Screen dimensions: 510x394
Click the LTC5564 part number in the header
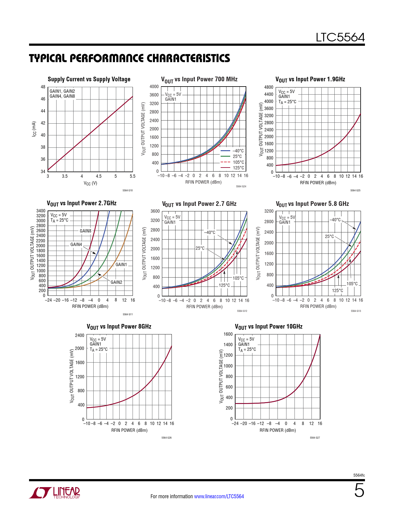[340, 37]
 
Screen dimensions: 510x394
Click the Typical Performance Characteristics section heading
[129, 58]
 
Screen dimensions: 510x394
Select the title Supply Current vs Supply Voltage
[89, 79]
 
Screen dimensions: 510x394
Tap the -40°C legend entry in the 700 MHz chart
[238, 151]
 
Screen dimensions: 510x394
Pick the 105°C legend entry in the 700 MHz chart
[238, 162]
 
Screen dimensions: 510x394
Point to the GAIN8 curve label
[86, 231]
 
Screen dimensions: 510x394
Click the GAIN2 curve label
[117, 282]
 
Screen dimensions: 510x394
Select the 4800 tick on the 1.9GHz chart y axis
[269, 87]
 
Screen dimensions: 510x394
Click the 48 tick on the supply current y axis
[43, 87]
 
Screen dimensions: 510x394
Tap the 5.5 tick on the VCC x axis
[132, 176]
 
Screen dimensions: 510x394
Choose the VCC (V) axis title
[90, 183]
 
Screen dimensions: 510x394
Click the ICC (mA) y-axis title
[34, 129]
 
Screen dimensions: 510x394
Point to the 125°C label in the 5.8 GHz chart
[337, 291]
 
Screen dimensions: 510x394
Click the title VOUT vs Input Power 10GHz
[269, 327]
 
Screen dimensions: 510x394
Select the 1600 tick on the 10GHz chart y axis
[228, 334]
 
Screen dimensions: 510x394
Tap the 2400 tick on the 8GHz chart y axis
[80, 335]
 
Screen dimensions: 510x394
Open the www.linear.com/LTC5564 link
[219, 496]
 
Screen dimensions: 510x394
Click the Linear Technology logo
[55, 493]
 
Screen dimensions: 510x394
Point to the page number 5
[359, 491]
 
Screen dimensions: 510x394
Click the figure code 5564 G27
[315, 438]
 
